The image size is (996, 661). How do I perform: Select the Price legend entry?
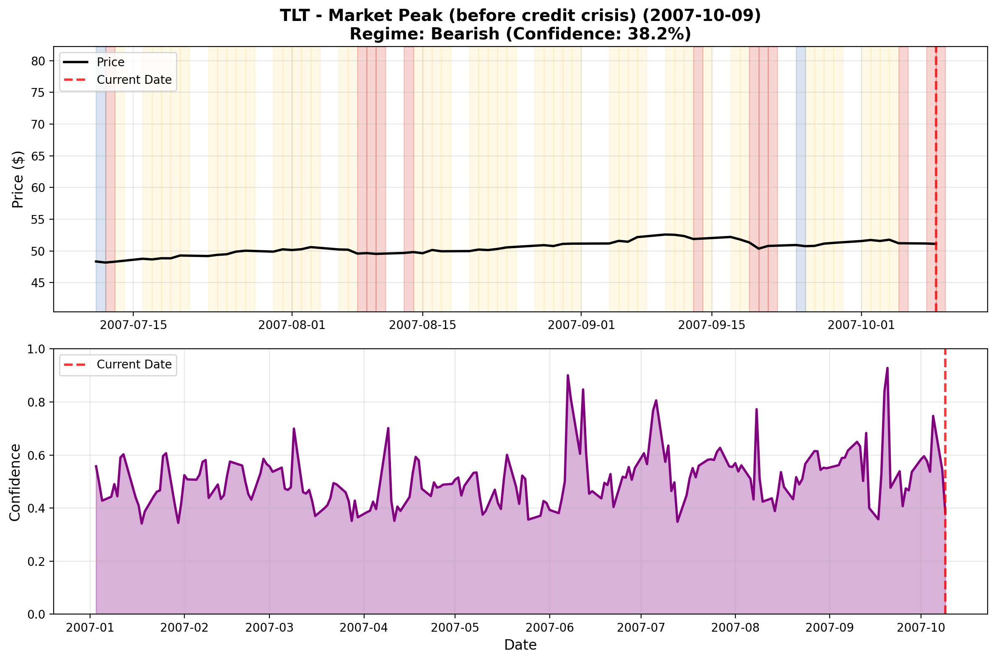point(110,62)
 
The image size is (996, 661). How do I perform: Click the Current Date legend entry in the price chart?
point(134,80)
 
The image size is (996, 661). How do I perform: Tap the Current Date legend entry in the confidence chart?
point(134,364)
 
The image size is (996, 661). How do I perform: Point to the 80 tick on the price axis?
point(38,61)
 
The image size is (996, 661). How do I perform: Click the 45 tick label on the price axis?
point(38,283)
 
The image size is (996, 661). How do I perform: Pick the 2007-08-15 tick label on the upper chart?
point(423,325)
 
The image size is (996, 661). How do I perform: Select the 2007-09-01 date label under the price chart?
point(581,325)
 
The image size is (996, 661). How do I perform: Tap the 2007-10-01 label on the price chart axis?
point(861,325)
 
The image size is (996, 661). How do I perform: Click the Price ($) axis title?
point(18,179)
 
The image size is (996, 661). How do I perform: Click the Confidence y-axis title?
point(15,482)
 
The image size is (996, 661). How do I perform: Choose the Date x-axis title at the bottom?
point(520,645)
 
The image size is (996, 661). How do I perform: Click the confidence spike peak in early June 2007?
point(567,375)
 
